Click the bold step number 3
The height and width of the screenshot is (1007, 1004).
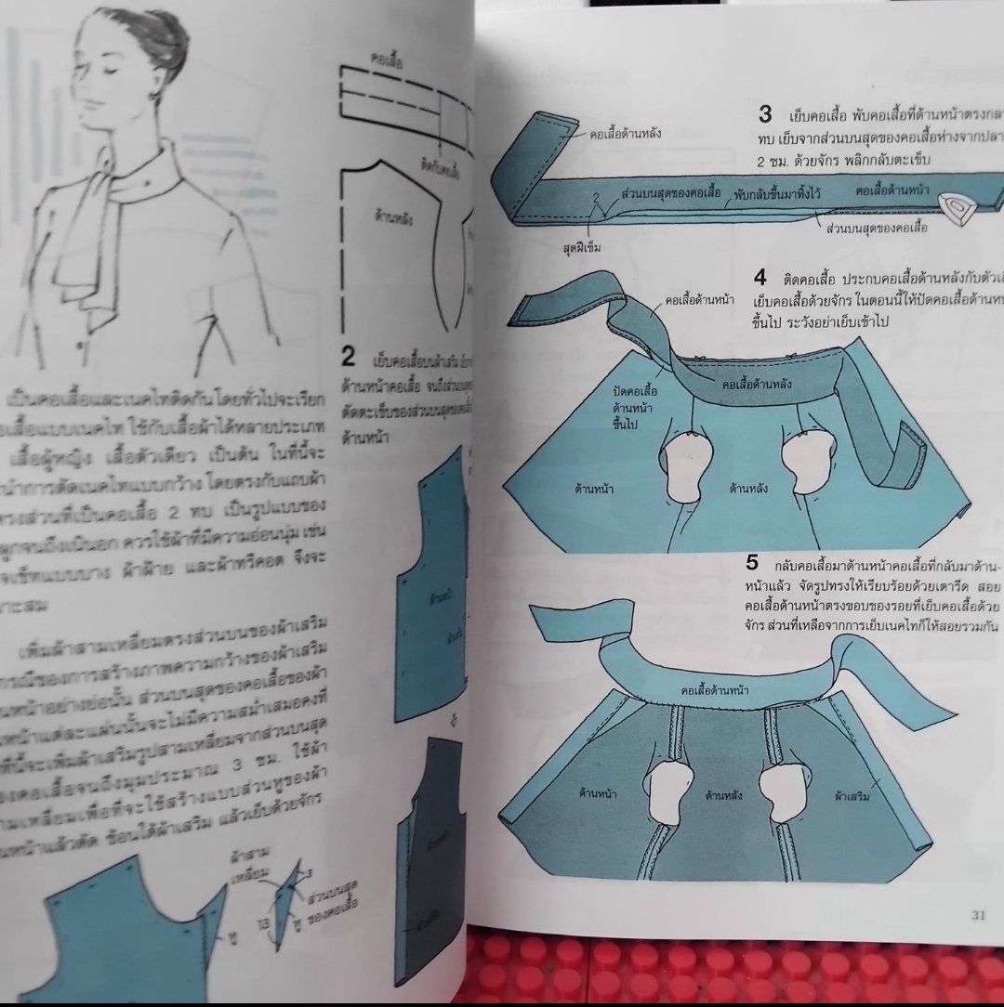765,114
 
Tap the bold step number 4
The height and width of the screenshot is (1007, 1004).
760,278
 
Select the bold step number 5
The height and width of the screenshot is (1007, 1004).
753,562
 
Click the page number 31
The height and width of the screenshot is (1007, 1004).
978,915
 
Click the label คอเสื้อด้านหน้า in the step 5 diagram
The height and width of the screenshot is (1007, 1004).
715,690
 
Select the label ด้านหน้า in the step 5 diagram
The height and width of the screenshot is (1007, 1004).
598,794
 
